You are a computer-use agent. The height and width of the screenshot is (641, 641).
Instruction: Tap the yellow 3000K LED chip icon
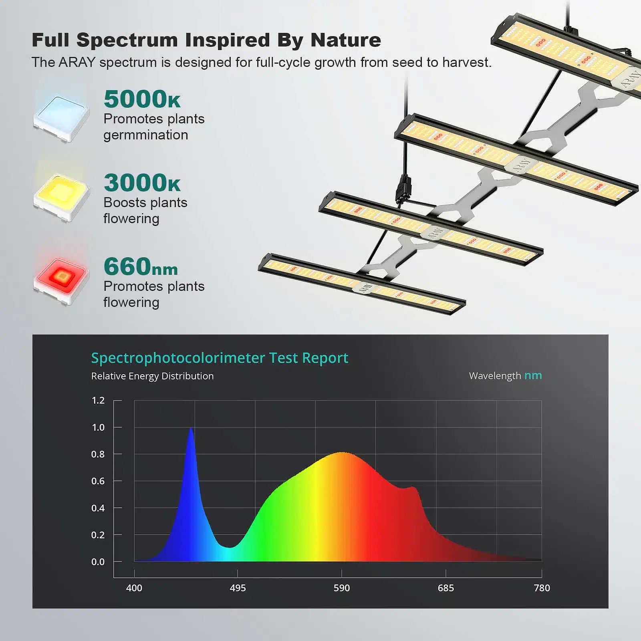61,198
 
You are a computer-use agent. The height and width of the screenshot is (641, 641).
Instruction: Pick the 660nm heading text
141,267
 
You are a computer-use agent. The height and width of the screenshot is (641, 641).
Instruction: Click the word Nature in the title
346,40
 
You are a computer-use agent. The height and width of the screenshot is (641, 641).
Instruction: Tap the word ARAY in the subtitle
77,62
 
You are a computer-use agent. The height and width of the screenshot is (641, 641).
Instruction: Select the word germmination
146,135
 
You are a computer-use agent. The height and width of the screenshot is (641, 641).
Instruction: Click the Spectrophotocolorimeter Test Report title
220,358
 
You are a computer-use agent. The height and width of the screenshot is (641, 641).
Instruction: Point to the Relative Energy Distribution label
152,376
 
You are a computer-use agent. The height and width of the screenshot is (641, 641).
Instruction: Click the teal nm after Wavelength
533,376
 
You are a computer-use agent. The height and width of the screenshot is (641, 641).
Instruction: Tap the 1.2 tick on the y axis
98,400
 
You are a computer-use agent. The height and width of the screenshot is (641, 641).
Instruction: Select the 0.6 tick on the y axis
98,481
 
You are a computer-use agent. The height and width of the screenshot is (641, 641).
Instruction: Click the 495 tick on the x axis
238,588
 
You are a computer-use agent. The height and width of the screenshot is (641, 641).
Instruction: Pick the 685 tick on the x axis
445,588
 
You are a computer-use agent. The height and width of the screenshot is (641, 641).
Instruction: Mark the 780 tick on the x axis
542,588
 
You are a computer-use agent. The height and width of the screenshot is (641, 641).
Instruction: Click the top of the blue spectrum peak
191,429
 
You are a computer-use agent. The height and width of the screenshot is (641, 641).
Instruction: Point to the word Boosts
122,203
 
